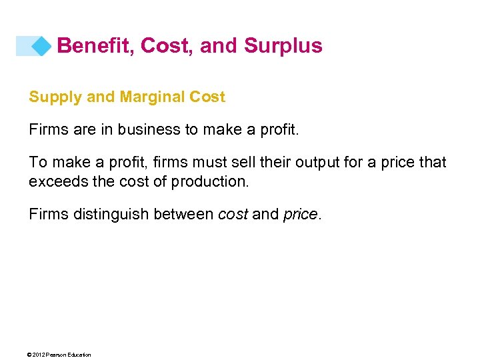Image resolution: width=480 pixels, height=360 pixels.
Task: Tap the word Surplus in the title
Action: click(283, 45)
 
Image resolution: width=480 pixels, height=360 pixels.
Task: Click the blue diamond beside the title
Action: click(42, 46)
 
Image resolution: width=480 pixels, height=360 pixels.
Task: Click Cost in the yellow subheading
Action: click(207, 97)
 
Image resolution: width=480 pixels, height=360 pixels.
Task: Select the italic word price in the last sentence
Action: click(299, 215)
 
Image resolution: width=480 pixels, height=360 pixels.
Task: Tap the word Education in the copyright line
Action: click(79, 355)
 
